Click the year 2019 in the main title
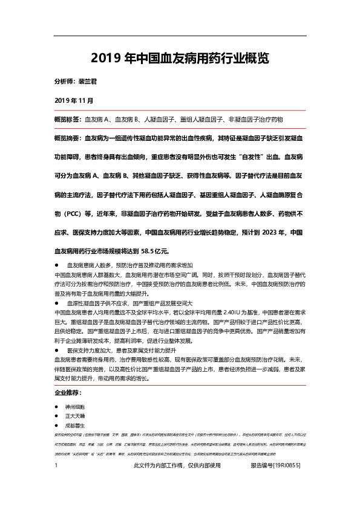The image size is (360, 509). (105, 59)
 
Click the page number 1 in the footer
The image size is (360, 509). (56, 483)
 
